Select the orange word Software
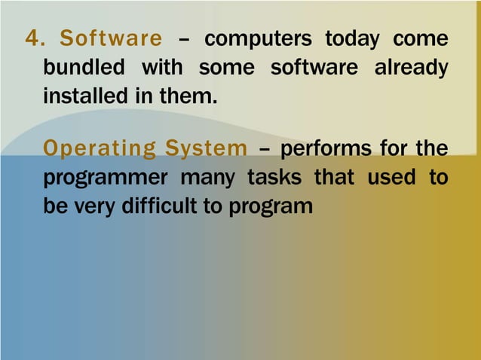(x=110, y=39)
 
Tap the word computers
(x=258, y=39)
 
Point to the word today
(x=354, y=39)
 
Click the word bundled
(x=84, y=68)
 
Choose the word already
(x=412, y=69)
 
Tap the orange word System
(x=201, y=148)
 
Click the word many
(x=211, y=178)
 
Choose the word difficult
(x=155, y=206)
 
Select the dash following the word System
(x=264, y=149)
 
